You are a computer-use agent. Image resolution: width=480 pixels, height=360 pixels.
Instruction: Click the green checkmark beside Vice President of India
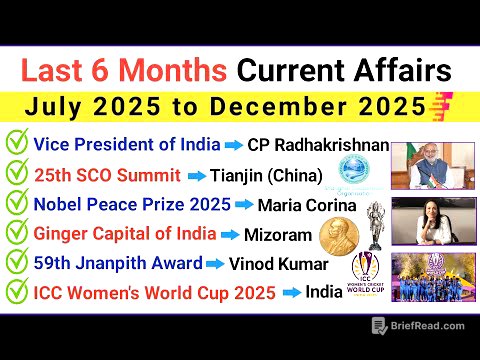(x=16, y=144)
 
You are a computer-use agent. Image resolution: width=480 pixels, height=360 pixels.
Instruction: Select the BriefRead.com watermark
(x=419, y=325)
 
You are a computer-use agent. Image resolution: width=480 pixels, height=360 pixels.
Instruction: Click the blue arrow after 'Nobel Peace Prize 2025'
(x=243, y=207)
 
